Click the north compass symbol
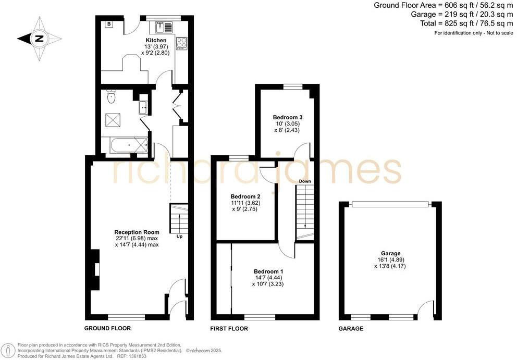point(38,38)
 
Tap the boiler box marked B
point(109,24)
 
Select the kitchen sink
point(164,26)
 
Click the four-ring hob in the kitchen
point(182,42)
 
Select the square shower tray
point(113,120)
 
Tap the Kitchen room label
point(156,40)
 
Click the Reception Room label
point(137,232)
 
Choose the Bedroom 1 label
point(268,271)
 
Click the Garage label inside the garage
point(390,253)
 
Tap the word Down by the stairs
point(305,181)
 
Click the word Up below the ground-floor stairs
point(180,236)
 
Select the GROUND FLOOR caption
point(107,329)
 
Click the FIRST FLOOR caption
point(229,329)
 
